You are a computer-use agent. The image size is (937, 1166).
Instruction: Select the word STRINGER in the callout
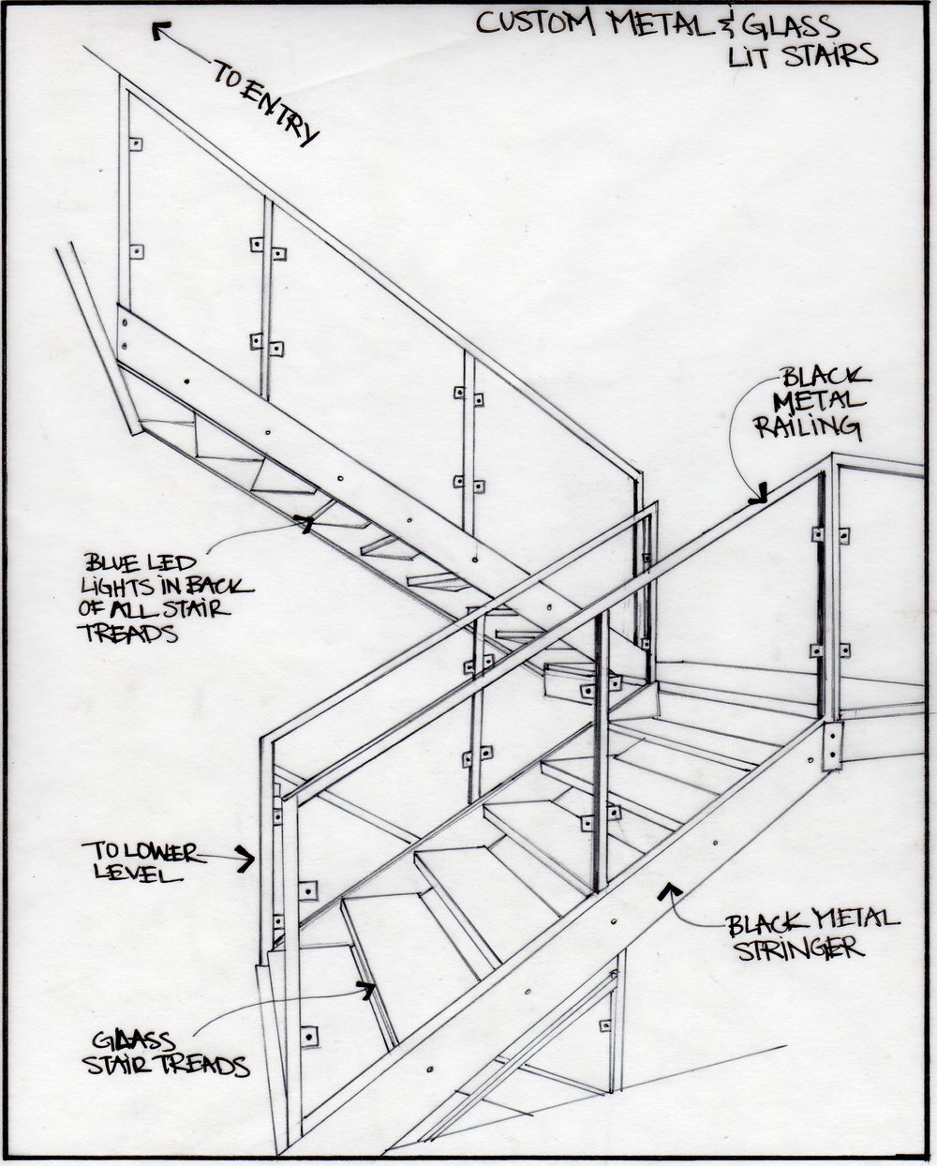click(x=798, y=949)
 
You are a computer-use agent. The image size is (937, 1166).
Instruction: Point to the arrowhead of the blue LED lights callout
click(x=303, y=522)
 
